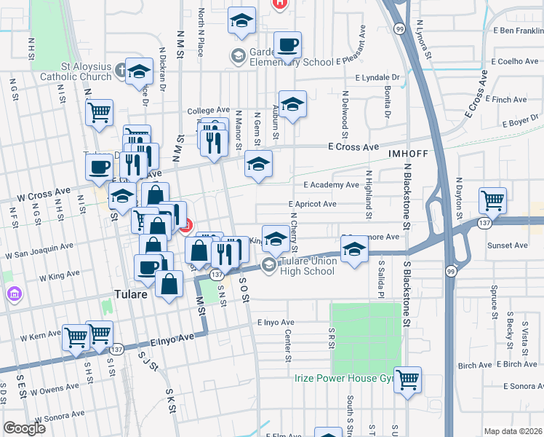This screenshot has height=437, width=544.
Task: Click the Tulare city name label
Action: coord(132,296)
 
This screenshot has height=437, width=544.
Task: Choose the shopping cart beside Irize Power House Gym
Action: coord(408,379)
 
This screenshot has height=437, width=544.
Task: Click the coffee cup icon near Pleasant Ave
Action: coord(287,45)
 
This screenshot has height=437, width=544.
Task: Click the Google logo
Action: coord(24,428)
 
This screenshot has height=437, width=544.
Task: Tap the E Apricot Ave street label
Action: coord(312,205)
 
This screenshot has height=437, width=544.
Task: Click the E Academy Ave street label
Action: coord(332,185)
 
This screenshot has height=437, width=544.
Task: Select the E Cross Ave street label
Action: coord(353,147)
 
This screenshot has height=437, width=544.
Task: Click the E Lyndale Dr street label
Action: coord(378,77)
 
